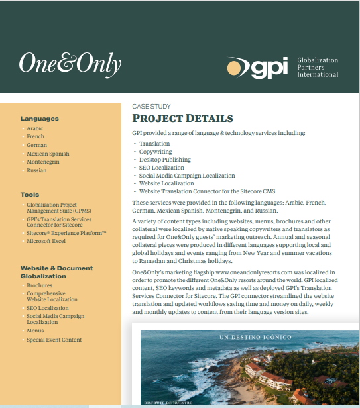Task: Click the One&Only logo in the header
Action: click(70, 64)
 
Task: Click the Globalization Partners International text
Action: click(317, 67)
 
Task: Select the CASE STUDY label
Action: click(151, 107)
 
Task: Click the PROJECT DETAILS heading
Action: click(182, 119)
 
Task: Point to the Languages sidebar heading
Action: click(39, 119)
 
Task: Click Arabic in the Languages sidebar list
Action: click(35, 128)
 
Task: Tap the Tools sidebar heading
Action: click(30, 195)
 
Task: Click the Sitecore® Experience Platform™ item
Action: click(66, 233)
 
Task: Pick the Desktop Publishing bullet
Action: click(164, 160)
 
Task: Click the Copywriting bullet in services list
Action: click(157, 152)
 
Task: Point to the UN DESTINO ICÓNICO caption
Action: click(255, 337)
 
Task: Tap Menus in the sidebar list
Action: click(35, 330)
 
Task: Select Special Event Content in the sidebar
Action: click(54, 340)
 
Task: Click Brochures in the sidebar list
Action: click(40, 285)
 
